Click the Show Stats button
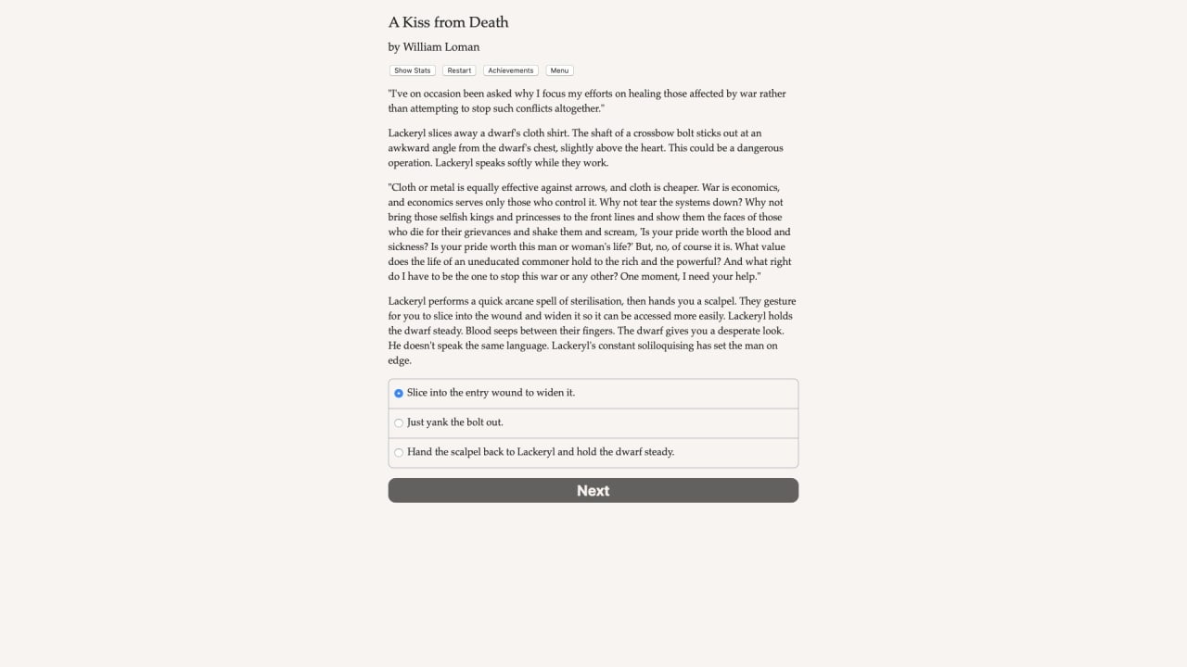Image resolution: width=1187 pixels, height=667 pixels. (412, 70)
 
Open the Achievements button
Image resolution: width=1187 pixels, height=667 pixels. (510, 70)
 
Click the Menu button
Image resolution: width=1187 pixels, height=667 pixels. (559, 70)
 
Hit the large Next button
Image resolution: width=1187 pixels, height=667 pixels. (593, 491)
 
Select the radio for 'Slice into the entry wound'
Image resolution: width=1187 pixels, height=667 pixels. (399, 393)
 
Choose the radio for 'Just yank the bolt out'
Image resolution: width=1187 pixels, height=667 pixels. (399, 422)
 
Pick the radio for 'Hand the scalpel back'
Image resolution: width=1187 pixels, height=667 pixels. (399, 452)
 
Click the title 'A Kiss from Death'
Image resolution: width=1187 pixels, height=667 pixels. (448, 22)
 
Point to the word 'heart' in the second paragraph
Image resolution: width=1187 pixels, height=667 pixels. (648, 148)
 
